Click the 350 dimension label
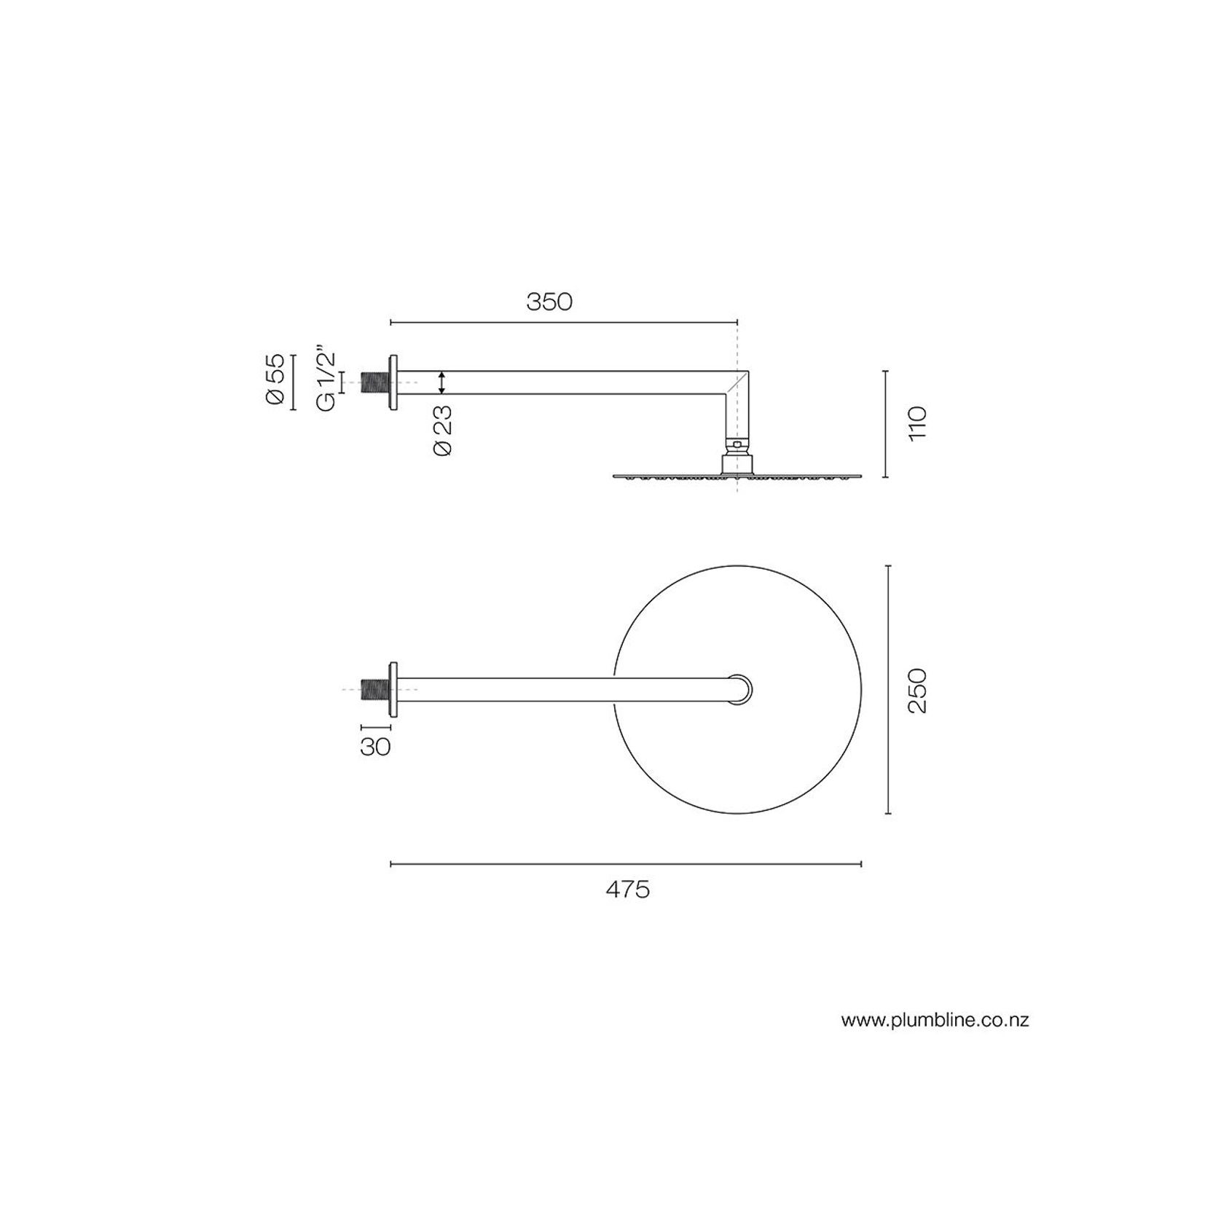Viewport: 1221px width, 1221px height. (x=549, y=302)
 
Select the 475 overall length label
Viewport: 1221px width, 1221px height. (x=627, y=890)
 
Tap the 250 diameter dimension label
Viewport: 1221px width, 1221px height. (x=917, y=690)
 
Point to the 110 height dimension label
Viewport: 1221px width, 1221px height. (x=917, y=423)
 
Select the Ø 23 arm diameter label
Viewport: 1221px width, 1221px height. (x=442, y=430)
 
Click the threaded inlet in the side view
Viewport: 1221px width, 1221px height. (x=375, y=382)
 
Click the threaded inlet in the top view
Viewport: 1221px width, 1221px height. (x=375, y=689)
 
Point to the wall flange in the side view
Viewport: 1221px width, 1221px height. (x=394, y=382)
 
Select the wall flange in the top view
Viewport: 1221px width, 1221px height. (x=394, y=689)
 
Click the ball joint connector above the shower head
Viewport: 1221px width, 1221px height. (x=737, y=442)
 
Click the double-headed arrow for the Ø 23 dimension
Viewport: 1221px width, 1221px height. (x=442, y=382)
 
